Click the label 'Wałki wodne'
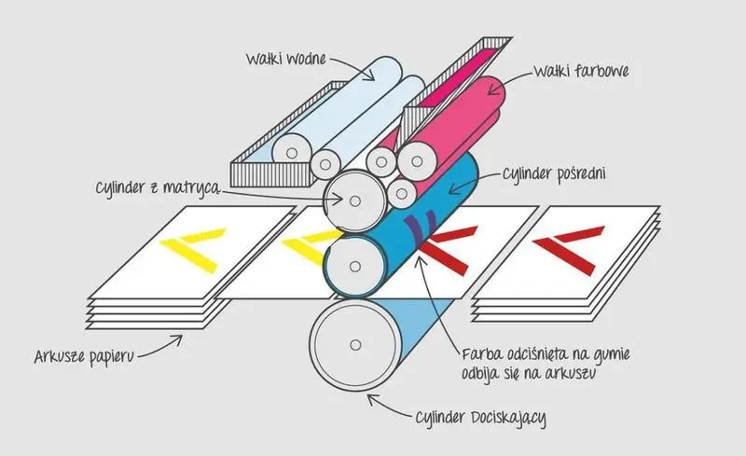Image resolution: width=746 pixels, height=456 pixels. [x=286, y=59]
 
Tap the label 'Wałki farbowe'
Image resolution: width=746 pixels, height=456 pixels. [x=581, y=72]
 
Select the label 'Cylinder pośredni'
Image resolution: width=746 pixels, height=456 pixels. [x=554, y=173]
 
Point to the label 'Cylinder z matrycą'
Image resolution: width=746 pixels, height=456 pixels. [x=158, y=187]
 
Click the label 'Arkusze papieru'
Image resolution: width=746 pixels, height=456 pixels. [x=84, y=356]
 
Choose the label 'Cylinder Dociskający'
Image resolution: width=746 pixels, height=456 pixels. [x=480, y=418]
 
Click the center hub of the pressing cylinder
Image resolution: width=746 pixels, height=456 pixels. [x=355, y=345]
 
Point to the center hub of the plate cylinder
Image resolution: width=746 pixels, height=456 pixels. [x=355, y=201]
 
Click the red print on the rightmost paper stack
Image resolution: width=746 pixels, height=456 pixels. [x=569, y=249]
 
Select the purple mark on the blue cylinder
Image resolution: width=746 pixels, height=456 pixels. [x=420, y=225]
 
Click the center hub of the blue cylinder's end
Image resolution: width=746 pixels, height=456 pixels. [x=355, y=267]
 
